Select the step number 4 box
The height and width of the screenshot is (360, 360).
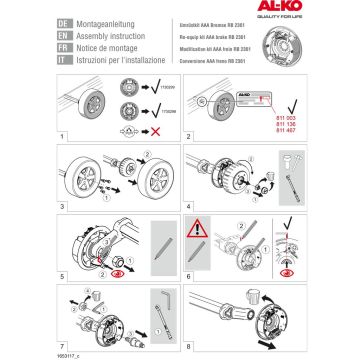188,203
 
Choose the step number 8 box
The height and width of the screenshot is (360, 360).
188,338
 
